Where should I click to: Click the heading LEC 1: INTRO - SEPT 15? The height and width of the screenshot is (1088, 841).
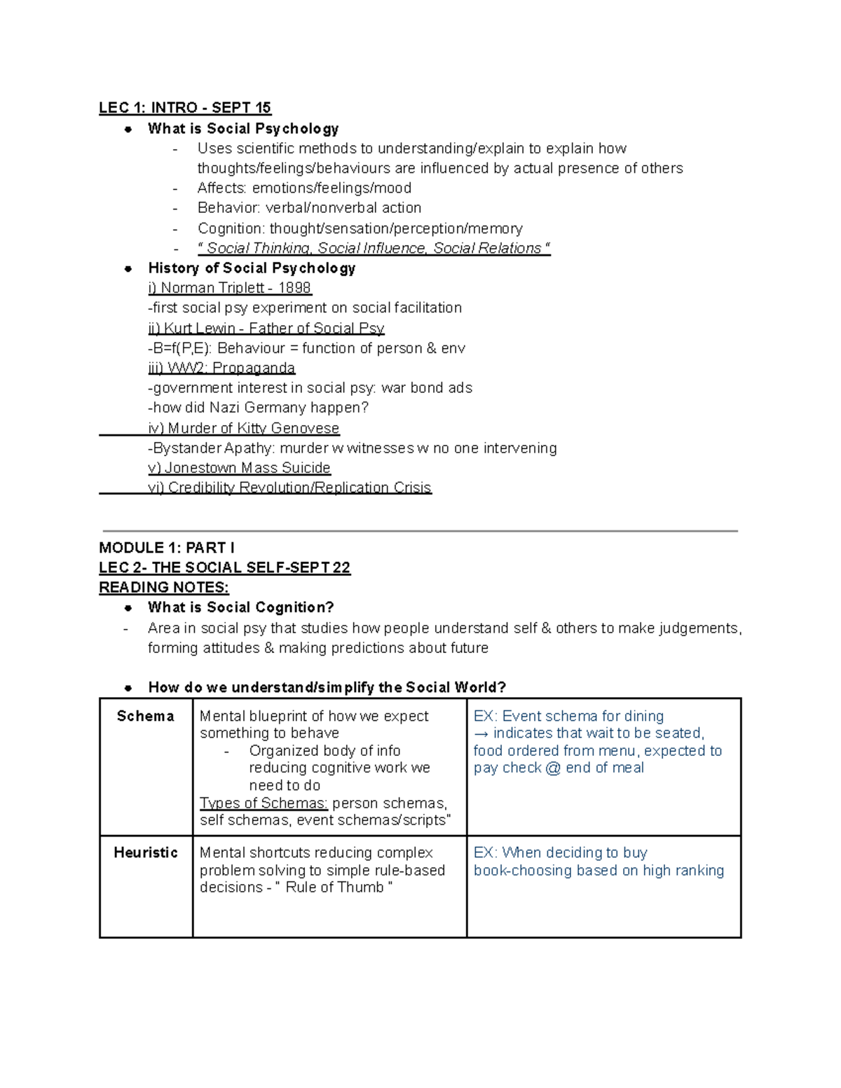pos(185,108)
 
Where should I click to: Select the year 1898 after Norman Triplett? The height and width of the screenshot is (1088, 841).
pos(294,288)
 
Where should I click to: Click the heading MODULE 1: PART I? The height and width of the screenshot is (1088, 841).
pos(167,548)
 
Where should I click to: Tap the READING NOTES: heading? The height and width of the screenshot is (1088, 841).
pos(164,587)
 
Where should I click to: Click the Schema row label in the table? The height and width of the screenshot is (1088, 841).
pos(145,716)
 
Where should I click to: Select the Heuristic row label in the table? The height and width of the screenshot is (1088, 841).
pos(145,853)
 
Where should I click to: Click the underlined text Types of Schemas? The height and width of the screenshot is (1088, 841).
pos(264,803)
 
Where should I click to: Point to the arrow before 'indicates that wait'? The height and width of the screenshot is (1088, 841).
pos(481,734)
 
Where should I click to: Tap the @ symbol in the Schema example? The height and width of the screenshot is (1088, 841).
pos(553,768)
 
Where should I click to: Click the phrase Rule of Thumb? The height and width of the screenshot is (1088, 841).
pos(334,888)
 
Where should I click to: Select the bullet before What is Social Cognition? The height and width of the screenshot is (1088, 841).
pos(128,608)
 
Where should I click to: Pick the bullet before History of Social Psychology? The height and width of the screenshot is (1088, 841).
pos(128,268)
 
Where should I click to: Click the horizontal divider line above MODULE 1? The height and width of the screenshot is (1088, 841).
pos(420,531)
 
